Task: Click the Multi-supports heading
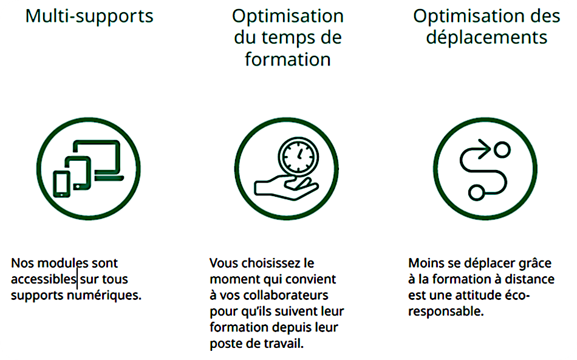click(89, 16)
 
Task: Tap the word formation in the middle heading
click(288, 59)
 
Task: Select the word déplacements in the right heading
click(487, 38)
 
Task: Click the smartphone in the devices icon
click(61, 184)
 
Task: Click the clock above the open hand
click(298, 155)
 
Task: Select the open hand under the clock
click(286, 188)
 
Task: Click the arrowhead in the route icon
click(485, 149)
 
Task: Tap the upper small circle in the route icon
click(502, 150)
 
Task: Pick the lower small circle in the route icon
click(477, 192)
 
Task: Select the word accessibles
click(43, 279)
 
